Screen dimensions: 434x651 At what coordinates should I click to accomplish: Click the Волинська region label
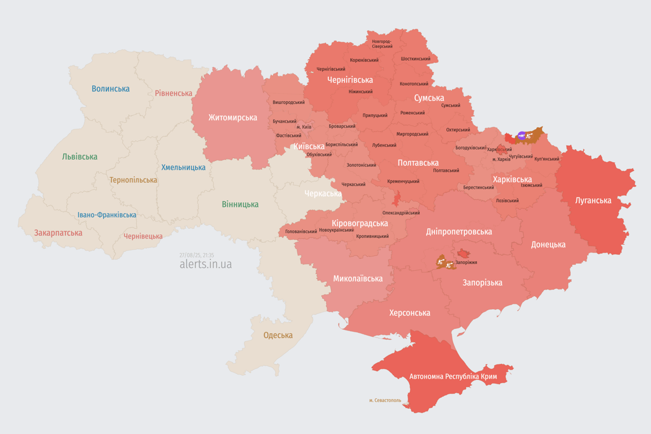[x=110, y=89]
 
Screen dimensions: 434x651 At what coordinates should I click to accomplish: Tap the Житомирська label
[x=232, y=118]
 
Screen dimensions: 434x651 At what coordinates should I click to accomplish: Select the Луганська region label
[x=593, y=200]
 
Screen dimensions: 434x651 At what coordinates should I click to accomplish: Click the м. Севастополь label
[x=385, y=401]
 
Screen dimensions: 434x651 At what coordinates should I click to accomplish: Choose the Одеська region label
[x=278, y=335]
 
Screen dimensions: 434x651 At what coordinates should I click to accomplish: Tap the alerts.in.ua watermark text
[x=205, y=264]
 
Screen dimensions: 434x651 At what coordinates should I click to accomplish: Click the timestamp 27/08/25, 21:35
[x=197, y=255]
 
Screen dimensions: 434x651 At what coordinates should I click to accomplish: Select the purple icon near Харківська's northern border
[x=522, y=136]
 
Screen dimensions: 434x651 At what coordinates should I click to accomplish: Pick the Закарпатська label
[x=58, y=233]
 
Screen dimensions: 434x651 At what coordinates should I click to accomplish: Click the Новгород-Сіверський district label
[x=382, y=44]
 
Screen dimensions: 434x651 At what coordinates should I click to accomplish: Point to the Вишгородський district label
[x=288, y=102]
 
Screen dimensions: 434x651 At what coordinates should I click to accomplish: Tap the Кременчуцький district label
[x=403, y=181]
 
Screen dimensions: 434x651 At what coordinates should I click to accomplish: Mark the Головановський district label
[x=301, y=232]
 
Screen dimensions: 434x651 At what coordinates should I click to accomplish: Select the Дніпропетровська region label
[x=458, y=232]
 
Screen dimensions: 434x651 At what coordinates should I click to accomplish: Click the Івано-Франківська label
[x=107, y=215]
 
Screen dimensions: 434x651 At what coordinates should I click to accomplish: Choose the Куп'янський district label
[x=546, y=159]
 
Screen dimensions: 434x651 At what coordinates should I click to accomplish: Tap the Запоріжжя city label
[x=466, y=262]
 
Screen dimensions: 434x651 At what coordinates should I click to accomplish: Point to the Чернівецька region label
[x=143, y=236]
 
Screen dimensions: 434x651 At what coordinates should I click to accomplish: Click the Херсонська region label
[x=409, y=313]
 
